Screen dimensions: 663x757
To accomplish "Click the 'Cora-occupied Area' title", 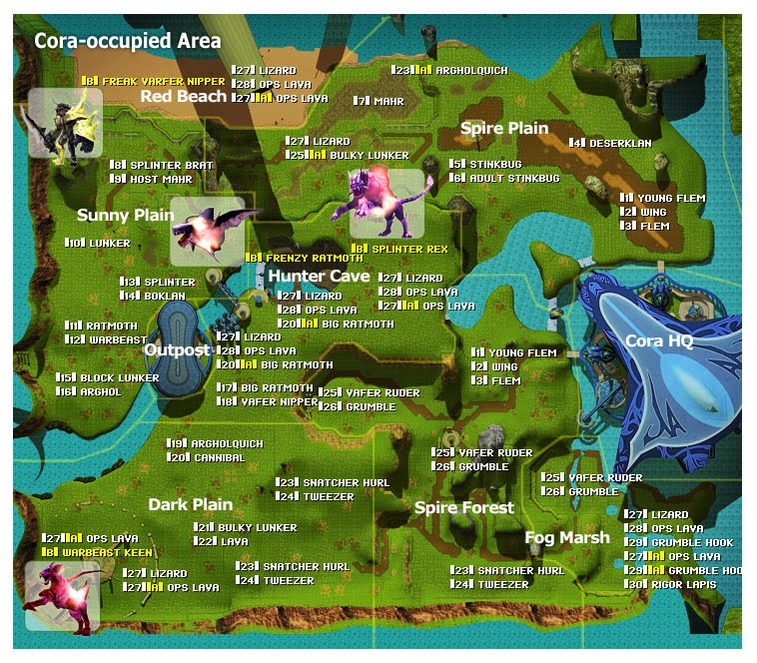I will pos(127,42).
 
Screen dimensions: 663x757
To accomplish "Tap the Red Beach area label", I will pos(183,96).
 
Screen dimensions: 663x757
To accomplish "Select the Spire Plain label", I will pos(503,128).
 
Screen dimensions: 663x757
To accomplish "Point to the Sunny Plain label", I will pos(118,215).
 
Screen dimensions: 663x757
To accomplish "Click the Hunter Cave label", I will pos(319,276).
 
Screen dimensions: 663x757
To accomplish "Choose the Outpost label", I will pos(177,349).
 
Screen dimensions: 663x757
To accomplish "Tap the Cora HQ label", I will pos(659,340).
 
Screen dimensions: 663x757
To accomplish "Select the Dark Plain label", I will pos(190,504).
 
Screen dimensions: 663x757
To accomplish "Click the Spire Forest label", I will pos(463,507).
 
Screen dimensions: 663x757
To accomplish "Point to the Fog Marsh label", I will pos(567,537).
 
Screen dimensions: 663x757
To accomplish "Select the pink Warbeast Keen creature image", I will pos(56,595).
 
